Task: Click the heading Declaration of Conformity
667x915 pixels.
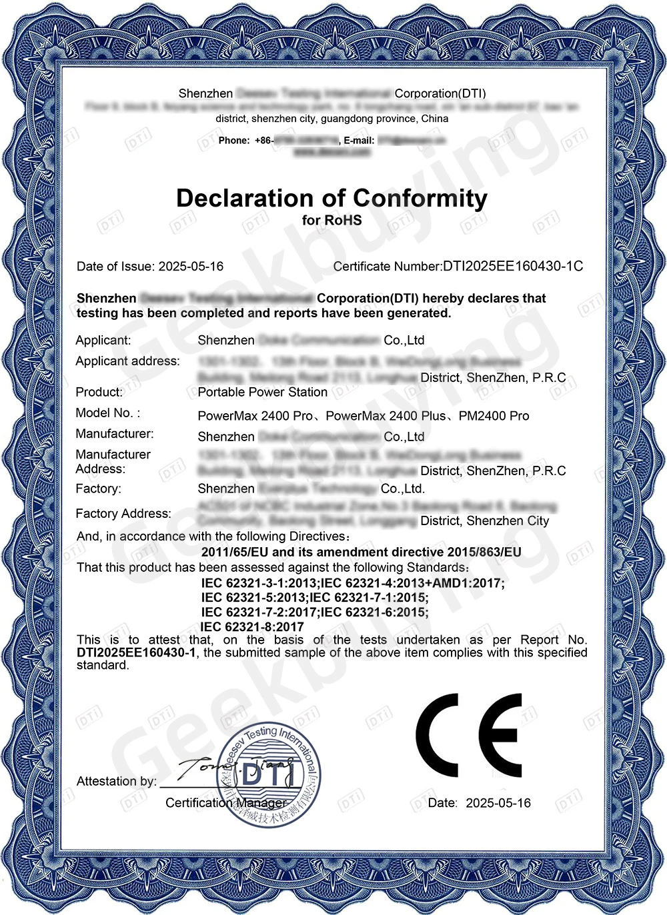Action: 331,199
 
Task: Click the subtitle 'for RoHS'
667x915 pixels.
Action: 331,220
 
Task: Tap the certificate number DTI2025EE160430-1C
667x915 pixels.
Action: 513,267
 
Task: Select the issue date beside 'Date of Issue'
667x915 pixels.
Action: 191,267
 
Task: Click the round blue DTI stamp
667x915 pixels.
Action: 270,773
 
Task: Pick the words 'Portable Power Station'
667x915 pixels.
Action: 262,393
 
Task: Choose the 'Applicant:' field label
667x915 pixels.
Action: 103,341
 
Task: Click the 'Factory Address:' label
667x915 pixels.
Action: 123,514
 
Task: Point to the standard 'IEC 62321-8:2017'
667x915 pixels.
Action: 252,627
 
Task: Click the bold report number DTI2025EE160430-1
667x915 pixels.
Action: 136,653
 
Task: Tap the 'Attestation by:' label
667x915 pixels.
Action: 117,781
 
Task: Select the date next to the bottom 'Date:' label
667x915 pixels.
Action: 498,803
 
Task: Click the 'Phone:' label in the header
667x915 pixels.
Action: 233,141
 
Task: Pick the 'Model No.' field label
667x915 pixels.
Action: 107,413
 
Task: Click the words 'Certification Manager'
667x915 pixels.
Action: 225,803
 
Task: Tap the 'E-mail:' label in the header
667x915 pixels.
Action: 359,141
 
